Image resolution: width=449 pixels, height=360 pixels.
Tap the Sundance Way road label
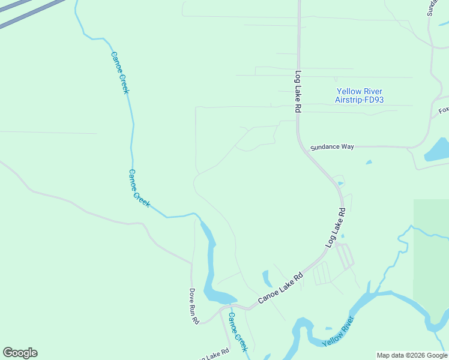point(332,147)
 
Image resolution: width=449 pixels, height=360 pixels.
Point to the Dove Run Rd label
point(194,307)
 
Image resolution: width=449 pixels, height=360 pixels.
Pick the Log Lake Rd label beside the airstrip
point(297,92)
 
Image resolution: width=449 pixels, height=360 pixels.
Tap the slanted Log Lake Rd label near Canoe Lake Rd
point(336,228)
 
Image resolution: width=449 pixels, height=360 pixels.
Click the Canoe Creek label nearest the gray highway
point(119,72)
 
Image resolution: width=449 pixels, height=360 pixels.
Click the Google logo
point(20,353)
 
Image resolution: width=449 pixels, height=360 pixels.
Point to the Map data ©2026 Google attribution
point(412,355)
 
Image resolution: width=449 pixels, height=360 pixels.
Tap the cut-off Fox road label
point(444,110)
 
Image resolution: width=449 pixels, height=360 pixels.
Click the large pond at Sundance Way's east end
point(438,151)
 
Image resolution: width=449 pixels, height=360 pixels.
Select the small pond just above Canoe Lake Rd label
point(266,278)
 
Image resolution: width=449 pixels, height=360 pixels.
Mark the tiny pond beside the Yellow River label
point(328,328)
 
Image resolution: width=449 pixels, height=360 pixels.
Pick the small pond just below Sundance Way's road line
point(369,161)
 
